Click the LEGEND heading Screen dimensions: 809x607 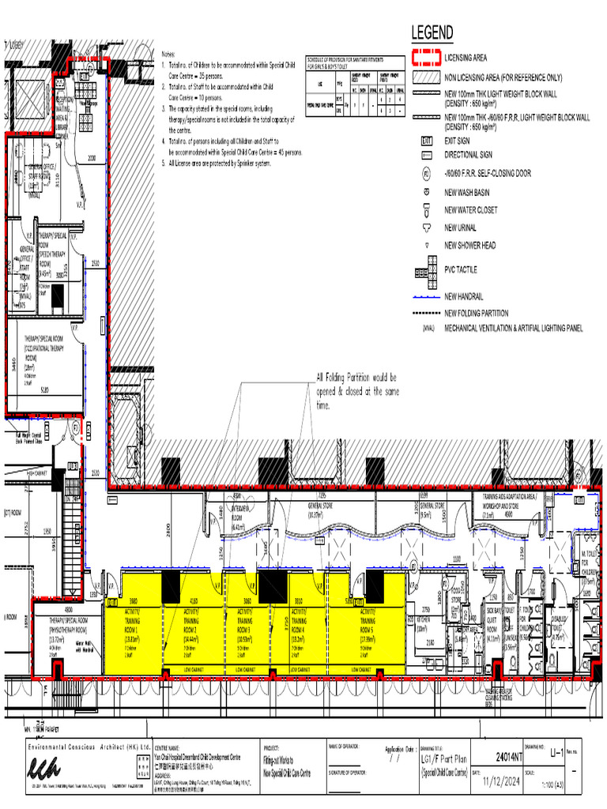(x=432, y=33)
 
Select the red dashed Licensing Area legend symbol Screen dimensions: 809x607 (x=425, y=58)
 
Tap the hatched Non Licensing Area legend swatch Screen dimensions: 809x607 (x=425, y=77)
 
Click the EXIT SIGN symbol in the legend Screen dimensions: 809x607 (x=426, y=140)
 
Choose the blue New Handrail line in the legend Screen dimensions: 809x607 (x=425, y=297)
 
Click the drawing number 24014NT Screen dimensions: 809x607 (x=507, y=756)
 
